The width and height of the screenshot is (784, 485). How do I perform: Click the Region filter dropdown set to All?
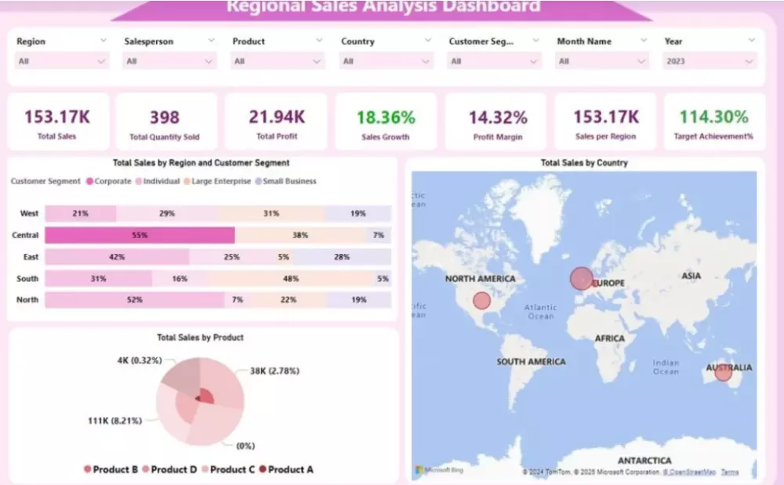[x=61, y=61]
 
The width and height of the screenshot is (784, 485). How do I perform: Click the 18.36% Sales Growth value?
[x=386, y=118]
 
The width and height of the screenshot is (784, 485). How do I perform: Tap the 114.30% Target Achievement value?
[x=713, y=118]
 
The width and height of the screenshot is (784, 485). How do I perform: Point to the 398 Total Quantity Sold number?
[x=165, y=118]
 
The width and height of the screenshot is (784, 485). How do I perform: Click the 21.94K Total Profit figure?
[x=277, y=118]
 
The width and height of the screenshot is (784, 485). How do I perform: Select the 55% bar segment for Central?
[x=140, y=235]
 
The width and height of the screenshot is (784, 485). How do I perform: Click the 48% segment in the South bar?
[x=291, y=278]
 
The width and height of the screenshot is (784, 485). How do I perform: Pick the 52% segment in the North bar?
[x=135, y=299]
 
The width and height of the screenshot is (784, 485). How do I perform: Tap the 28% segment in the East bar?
[x=342, y=257]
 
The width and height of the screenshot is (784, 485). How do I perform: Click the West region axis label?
[x=29, y=213]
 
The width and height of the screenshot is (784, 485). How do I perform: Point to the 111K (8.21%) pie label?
[x=114, y=421]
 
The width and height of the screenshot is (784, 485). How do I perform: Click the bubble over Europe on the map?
[x=581, y=279]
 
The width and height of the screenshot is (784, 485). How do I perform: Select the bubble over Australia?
[x=723, y=373]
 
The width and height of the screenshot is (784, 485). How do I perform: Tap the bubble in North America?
[x=481, y=300]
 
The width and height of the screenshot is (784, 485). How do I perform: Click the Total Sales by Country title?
[x=584, y=163]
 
